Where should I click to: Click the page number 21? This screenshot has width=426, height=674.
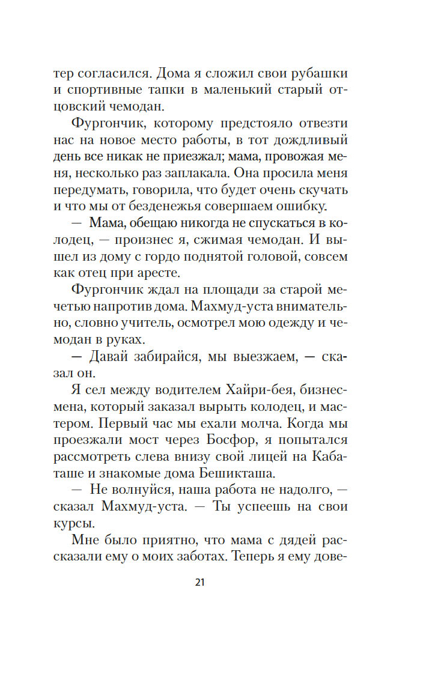click(201, 582)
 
